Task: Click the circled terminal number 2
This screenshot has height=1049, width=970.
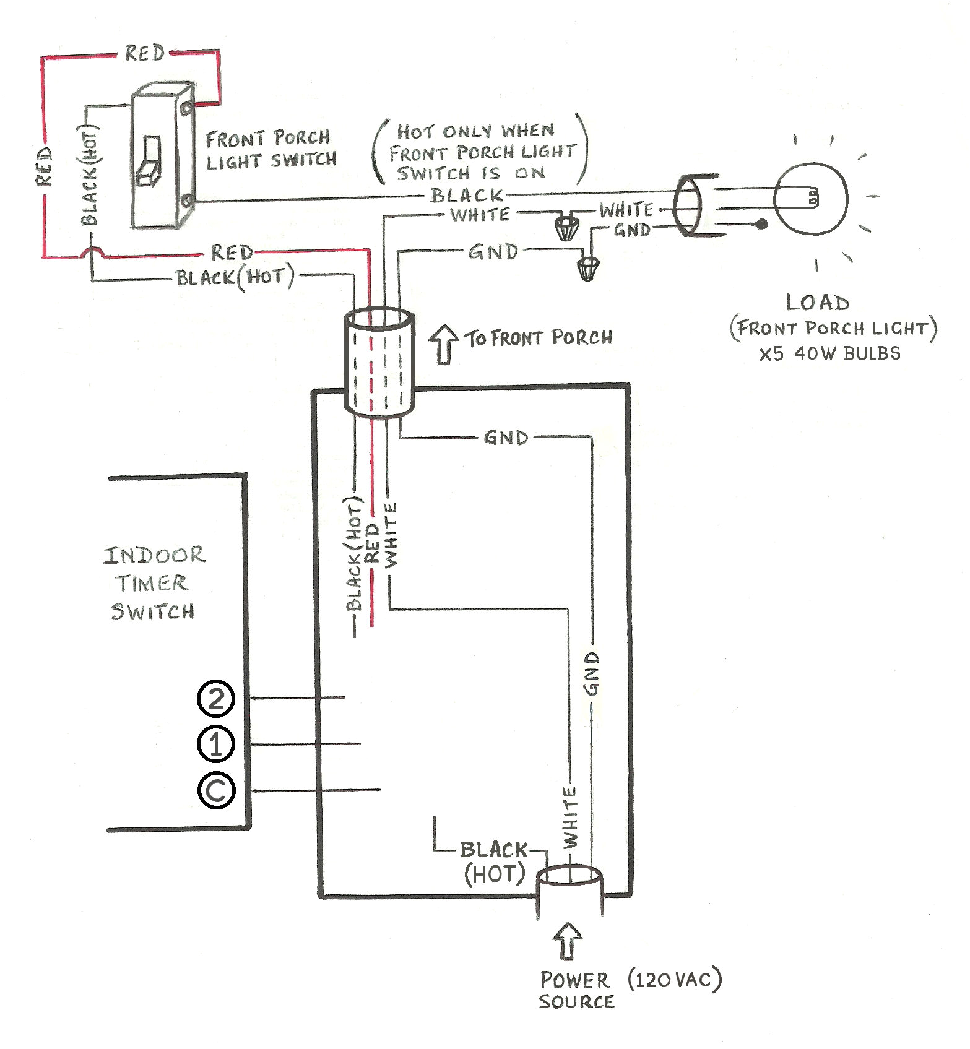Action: click(x=215, y=699)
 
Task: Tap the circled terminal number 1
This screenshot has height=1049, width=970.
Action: click(x=215, y=745)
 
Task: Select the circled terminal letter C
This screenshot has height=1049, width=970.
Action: click(x=216, y=790)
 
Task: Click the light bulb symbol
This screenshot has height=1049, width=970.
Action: click(x=810, y=199)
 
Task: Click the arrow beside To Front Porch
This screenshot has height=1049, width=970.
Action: click(x=444, y=343)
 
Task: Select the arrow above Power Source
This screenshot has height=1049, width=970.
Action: click(x=568, y=941)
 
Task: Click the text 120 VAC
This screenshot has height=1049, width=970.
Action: click(x=674, y=980)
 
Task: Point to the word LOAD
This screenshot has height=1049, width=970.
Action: click(x=817, y=303)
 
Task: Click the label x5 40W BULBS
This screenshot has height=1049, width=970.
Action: click(x=829, y=354)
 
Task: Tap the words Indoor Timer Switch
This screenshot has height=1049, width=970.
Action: click(x=154, y=583)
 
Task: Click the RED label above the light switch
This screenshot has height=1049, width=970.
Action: click(x=145, y=53)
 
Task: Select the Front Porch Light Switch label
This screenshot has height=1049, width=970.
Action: click(x=271, y=149)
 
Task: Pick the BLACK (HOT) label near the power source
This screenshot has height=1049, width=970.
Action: click(x=494, y=862)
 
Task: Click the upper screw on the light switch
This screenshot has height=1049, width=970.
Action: click(x=186, y=109)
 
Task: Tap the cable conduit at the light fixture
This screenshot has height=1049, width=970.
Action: click(x=688, y=205)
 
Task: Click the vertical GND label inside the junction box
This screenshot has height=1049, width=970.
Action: click(x=592, y=673)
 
